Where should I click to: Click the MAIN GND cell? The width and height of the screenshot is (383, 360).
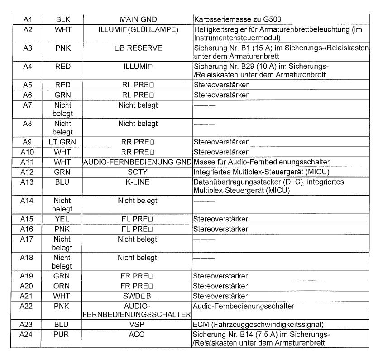(138, 20)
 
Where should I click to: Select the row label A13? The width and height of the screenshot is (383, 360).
(27, 182)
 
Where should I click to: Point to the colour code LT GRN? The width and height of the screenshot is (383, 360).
(62, 142)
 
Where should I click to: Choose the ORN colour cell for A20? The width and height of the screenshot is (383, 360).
(62, 286)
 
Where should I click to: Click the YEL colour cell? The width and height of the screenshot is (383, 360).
(62, 219)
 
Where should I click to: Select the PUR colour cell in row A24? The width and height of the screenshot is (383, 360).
(62, 335)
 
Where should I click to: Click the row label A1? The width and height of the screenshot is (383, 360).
(27, 20)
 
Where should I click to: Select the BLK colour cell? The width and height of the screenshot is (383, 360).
(62, 20)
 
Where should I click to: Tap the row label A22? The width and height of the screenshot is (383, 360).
(27, 307)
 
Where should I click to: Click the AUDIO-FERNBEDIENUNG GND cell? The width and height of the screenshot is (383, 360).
(137, 162)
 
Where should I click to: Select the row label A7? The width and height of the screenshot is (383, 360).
(27, 106)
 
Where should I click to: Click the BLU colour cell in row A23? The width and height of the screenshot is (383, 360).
(62, 324)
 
